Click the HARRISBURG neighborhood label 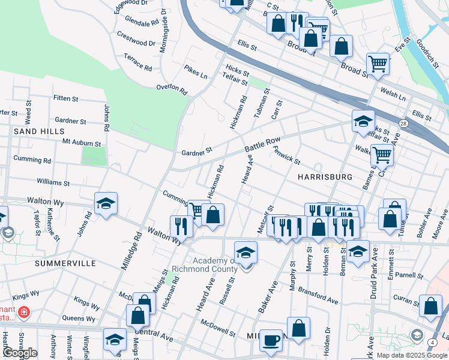point(324,177)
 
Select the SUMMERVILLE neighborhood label point(65,263)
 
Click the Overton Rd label point(172,89)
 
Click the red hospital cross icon point(23,312)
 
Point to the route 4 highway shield point(432,342)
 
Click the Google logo point(20,353)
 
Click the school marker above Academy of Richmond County point(246,253)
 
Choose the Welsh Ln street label point(393,94)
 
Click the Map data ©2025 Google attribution point(411,355)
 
